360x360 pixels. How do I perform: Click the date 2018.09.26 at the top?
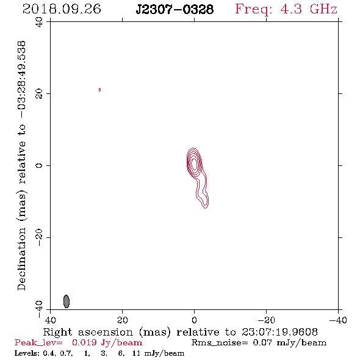pos(62,9)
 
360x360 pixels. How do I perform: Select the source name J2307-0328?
pos(175,10)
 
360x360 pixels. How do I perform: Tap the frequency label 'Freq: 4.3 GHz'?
pos(286,9)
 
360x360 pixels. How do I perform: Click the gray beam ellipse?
pos(67,301)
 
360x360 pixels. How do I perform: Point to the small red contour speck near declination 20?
pos(99,90)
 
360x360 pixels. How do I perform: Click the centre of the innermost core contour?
pos(195,164)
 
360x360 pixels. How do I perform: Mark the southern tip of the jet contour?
pos(206,208)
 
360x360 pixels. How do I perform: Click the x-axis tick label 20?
pos(122,320)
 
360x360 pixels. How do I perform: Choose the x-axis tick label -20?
pos(266,320)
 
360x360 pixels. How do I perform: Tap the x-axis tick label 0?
pos(194,320)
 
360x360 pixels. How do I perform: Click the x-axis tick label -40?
pos(338,320)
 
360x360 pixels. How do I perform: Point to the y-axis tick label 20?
pos(39,94)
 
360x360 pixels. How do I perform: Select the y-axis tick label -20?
pos(39,237)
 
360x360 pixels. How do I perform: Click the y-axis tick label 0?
pos(39,165)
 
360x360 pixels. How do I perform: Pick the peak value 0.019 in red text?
pos(84,342)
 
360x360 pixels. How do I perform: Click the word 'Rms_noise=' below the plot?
pos(220,343)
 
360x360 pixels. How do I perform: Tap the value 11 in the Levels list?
pos(137,353)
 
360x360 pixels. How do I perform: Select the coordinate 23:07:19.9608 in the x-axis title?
pos(279,332)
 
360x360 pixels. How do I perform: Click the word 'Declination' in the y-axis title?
pos(21,259)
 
